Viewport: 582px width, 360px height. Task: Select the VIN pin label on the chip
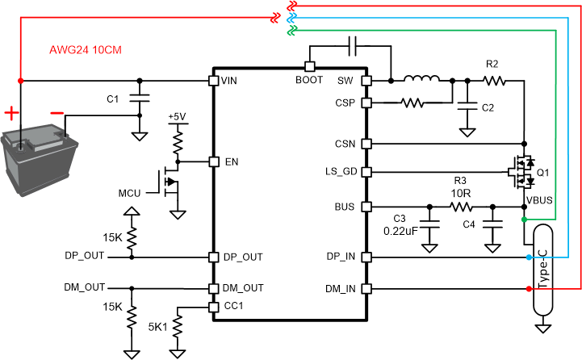tap(231, 81)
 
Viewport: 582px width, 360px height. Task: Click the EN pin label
tap(232, 161)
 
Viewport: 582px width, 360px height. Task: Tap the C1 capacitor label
tap(113, 98)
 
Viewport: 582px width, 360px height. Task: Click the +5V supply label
tap(177, 117)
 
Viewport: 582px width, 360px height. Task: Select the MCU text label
tap(130, 193)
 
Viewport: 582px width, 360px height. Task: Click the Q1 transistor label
tap(542, 172)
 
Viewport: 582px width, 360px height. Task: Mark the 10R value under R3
tap(460, 194)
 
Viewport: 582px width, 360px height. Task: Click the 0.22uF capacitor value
tap(400, 232)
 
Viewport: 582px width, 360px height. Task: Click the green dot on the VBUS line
tap(524, 220)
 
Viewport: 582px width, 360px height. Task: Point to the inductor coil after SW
tap(421, 79)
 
